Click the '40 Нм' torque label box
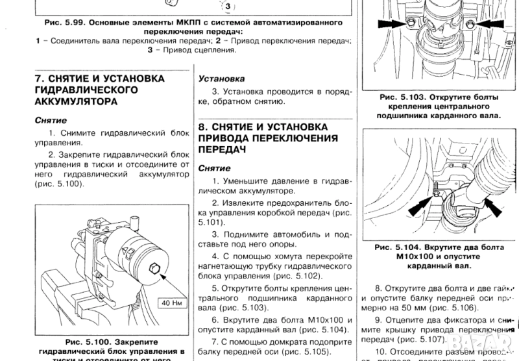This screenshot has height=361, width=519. point(171,303)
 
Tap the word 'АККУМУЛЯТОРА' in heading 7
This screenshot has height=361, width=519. point(76,102)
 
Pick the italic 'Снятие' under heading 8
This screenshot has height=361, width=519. point(215,167)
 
